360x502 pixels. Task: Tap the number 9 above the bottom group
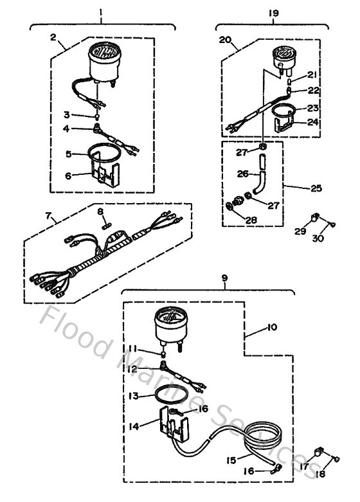pyautogui.click(x=224, y=279)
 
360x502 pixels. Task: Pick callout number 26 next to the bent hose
pyautogui.click(x=242, y=174)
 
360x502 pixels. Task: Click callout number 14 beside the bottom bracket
pyautogui.click(x=134, y=426)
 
